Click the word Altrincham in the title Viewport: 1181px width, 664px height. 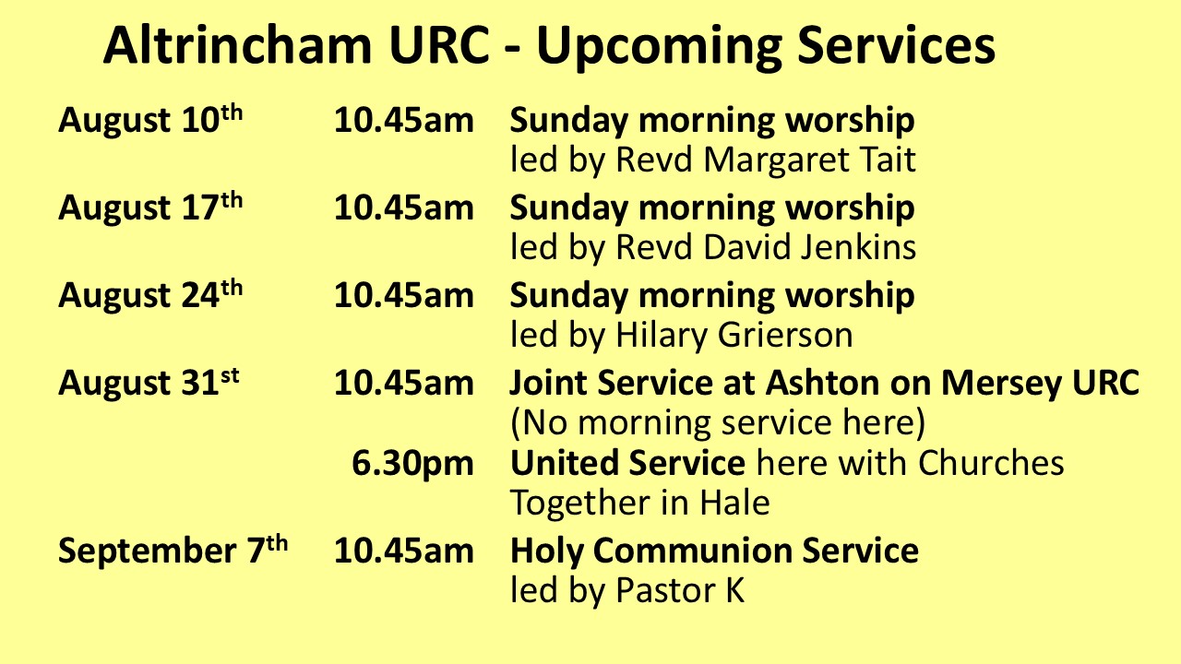click(238, 45)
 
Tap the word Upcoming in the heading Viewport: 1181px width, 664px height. click(660, 49)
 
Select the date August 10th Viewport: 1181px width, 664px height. click(150, 120)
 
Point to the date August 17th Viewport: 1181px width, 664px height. click(150, 207)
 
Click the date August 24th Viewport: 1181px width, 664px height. click(150, 294)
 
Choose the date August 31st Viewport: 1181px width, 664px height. click(149, 382)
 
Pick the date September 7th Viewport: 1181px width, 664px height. click(173, 551)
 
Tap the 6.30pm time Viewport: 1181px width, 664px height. click(412, 464)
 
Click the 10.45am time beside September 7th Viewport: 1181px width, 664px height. click(404, 551)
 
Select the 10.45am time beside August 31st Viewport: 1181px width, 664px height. click(404, 383)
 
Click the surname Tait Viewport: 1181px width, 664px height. click(889, 160)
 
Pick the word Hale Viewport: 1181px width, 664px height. click(735, 503)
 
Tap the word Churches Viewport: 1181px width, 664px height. click(991, 463)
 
